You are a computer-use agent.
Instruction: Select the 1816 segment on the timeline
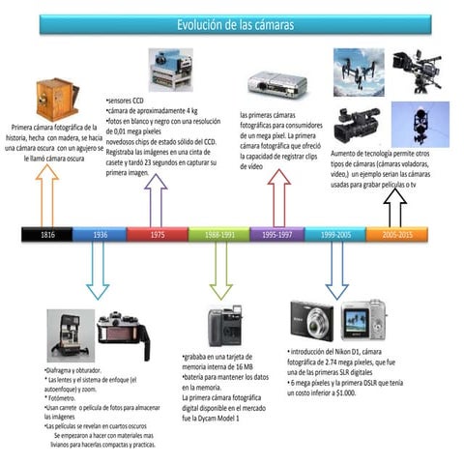[x=46, y=234]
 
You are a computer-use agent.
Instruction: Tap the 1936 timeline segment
[x=101, y=234]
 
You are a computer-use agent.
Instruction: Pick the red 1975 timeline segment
[x=157, y=234]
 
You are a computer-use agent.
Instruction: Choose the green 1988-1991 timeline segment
[x=218, y=234]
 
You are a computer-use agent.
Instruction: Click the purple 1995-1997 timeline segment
[x=279, y=234]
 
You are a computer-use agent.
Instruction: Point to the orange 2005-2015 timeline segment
[x=396, y=234]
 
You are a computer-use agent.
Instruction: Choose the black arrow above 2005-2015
[x=394, y=207]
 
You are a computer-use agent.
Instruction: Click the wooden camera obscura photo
[x=56, y=100]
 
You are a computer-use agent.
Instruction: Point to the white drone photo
[x=358, y=68]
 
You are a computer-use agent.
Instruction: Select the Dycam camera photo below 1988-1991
[x=224, y=328]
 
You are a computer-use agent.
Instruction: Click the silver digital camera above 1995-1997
[x=276, y=86]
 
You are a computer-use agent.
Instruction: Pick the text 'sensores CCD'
[x=126, y=100]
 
